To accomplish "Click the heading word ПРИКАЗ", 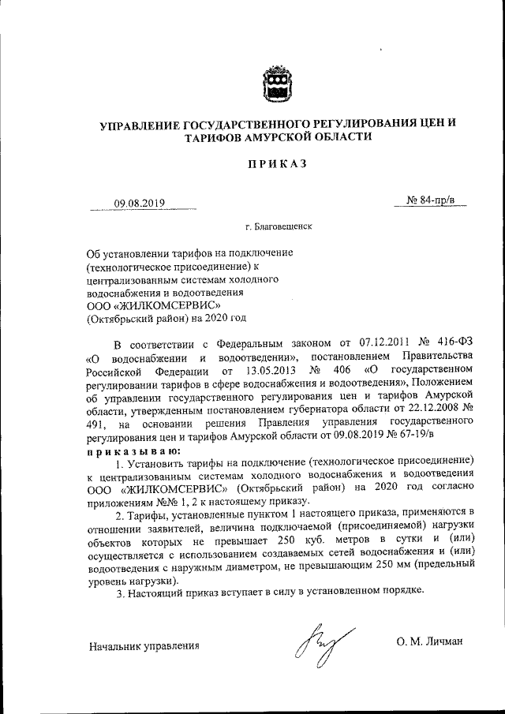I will [274, 164].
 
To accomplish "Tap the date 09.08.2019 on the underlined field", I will [139, 203].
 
